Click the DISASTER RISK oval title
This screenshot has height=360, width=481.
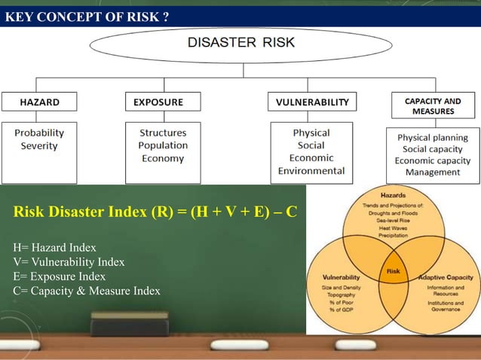click(x=240, y=43)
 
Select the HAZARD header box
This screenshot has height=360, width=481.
click(x=39, y=102)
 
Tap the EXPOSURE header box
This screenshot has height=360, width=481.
click(x=163, y=102)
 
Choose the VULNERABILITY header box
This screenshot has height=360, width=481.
click(x=311, y=102)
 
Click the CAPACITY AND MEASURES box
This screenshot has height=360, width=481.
click(x=433, y=105)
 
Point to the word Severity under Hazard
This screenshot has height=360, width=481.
click(x=39, y=145)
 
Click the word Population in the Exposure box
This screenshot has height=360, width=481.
click(x=163, y=145)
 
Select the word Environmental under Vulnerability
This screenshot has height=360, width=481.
click(x=311, y=171)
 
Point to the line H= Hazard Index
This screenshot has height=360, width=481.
click(x=55, y=247)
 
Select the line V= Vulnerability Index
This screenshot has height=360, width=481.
click(x=69, y=262)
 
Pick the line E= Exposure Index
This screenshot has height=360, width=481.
click(x=60, y=276)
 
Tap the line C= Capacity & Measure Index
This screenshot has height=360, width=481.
click(x=87, y=291)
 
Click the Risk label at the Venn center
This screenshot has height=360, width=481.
click(x=393, y=271)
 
